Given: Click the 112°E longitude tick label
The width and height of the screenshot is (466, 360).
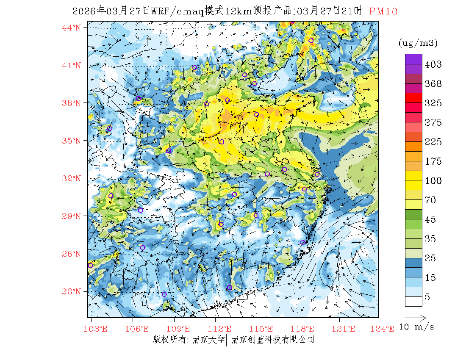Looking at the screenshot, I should [222, 329].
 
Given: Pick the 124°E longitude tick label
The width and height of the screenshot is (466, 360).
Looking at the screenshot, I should [386, 329].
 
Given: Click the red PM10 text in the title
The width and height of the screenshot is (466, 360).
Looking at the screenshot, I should [383, 11].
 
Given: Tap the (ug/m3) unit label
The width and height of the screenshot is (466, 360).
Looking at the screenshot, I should [418, 43].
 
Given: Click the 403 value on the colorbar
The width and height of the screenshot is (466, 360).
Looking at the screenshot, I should [433, 64].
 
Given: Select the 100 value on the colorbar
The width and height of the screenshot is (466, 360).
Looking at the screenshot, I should [433, 181].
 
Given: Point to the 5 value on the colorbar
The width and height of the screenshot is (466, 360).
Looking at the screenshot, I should [427, 297].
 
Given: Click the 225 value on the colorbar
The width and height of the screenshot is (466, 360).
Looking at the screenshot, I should [433, 142].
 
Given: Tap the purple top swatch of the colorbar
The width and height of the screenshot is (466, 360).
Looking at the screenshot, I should [413, 59].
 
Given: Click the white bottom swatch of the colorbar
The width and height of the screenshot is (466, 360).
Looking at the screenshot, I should [413, 301].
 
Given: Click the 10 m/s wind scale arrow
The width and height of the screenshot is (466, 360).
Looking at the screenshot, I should [415, 317].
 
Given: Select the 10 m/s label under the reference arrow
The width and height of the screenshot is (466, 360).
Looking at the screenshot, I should [417, 327].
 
